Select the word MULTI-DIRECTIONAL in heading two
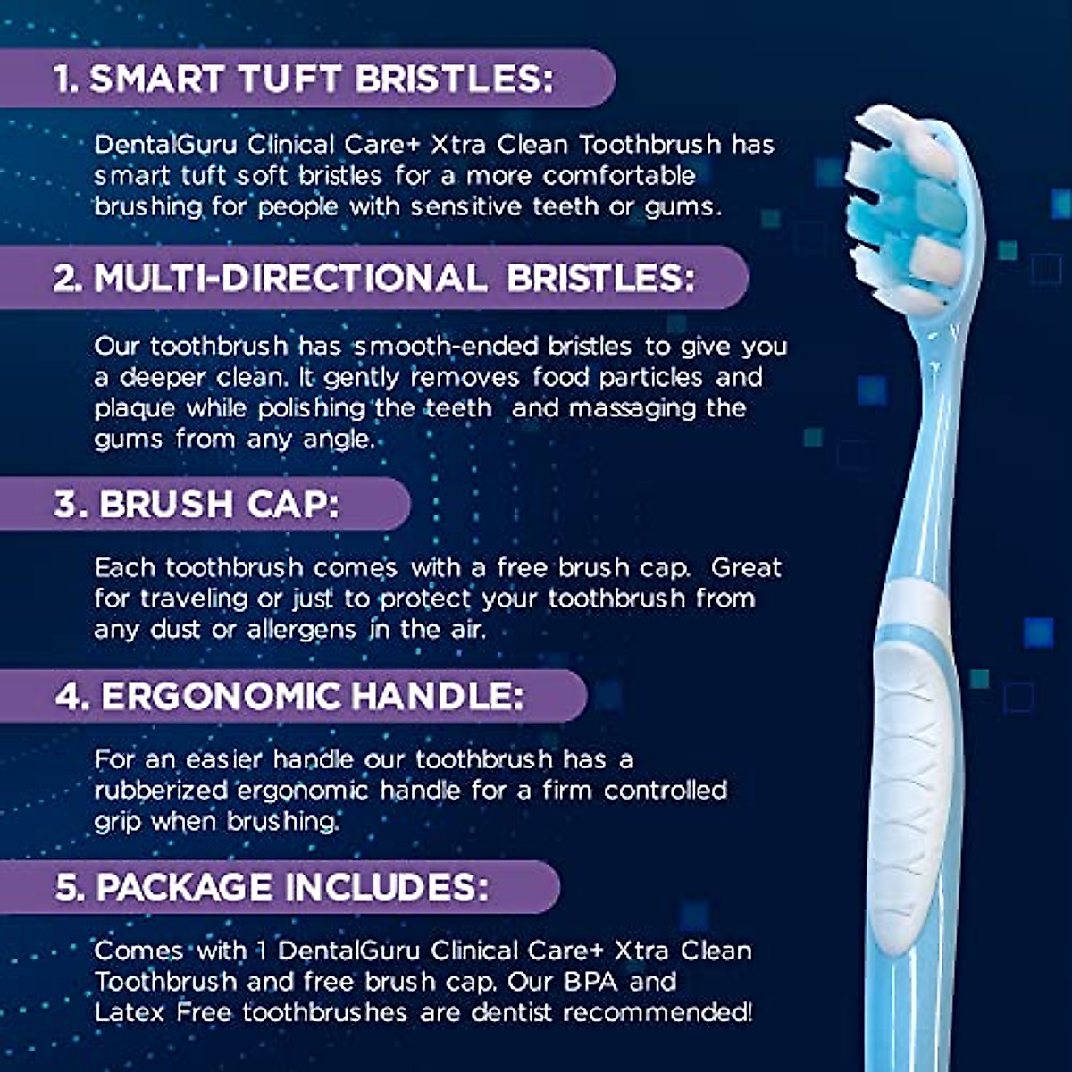point(290,278)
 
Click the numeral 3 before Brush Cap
point(65,504)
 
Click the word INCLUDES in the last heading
point(387,887)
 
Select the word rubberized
point(161,791)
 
